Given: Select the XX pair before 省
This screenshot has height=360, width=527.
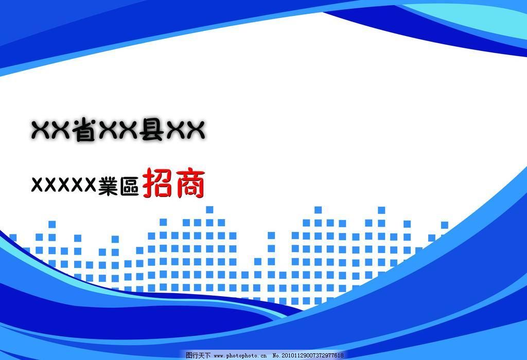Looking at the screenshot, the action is (x=51, y=130).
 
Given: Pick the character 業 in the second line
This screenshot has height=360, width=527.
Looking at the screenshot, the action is (x=108, y=186).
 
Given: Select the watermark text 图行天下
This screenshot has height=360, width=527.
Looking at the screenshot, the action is (x=198, y=355).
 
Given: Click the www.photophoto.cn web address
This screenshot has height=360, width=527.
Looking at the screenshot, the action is (x=240, y=356).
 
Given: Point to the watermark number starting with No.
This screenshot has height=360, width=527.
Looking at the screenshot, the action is (x=308, y=355).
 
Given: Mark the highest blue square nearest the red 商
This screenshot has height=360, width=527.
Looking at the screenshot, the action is (x=209, y=209).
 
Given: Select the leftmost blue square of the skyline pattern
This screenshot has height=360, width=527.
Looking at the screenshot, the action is (x=13, y=238).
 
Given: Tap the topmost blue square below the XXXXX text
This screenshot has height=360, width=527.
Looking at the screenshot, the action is (x=52, y=224).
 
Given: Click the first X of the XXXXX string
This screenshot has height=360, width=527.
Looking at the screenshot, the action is (x=38, y=184).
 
